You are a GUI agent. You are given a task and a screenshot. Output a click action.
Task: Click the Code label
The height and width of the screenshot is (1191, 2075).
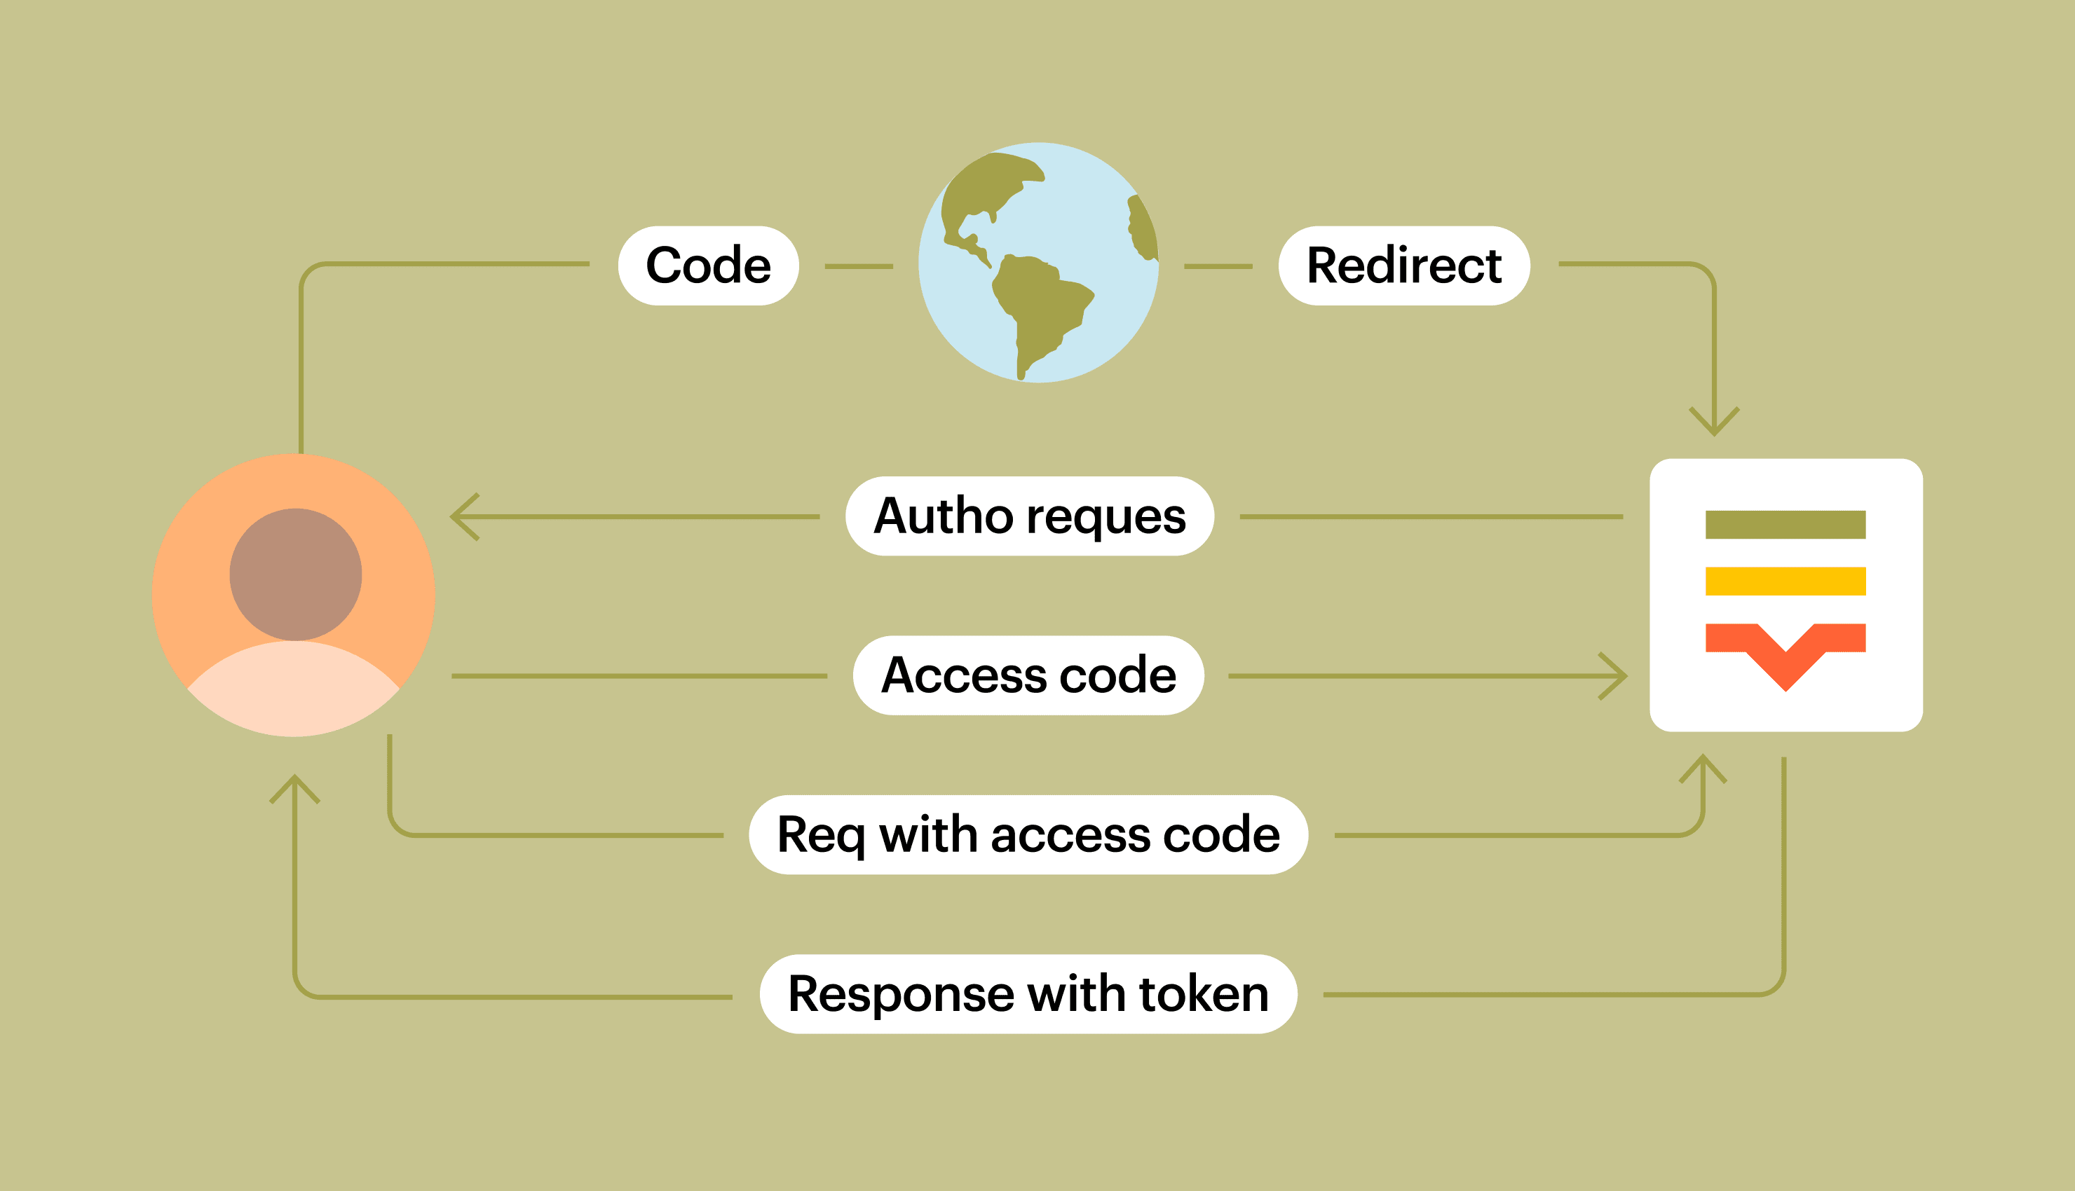click(708, 266)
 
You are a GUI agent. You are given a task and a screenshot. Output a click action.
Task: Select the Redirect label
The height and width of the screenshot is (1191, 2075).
click(1403, 266)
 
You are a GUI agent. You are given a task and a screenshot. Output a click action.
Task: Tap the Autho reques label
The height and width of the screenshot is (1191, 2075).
click(1029, 516)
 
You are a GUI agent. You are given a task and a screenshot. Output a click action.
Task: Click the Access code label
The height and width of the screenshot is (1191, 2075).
click(1028, 675)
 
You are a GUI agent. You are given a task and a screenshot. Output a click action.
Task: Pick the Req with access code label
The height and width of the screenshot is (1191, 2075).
click(1028, 835)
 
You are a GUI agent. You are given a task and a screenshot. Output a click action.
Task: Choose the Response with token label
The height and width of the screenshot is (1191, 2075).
click(1028, 994)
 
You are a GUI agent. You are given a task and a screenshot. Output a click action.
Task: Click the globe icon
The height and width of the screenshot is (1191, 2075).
click(1037, 263)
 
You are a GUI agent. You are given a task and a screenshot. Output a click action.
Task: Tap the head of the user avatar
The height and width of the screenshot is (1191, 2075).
click(295, 574)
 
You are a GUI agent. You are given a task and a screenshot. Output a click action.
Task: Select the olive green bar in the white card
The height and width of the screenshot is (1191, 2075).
click(1785, 524)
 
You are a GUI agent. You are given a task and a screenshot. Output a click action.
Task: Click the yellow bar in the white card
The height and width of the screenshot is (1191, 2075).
click(1785, 581)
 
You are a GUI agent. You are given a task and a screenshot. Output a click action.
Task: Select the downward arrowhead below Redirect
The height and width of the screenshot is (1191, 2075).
click(1714, 423)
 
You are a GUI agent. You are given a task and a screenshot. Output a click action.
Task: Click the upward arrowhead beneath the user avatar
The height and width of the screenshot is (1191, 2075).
click(294, 787)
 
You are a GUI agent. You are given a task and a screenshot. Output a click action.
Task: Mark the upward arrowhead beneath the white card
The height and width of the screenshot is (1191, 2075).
click(1703, 767)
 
